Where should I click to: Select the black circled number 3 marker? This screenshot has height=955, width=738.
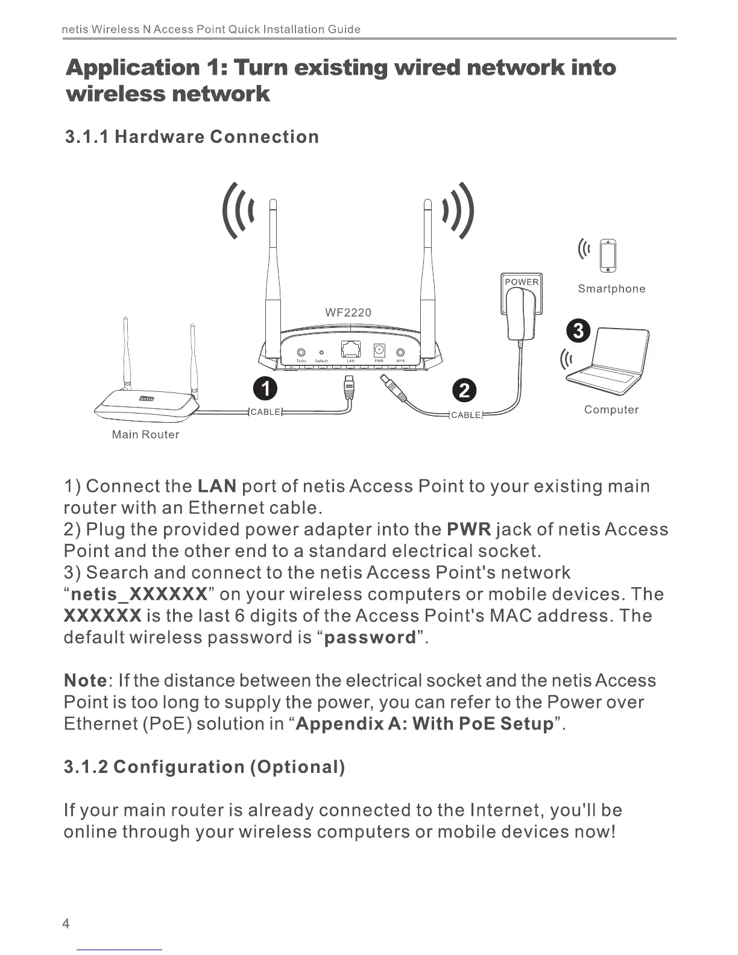click(x=578, y=331)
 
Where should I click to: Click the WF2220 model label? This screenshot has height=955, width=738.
click(x=348, y=312)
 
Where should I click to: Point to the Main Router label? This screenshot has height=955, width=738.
click(x=145, y=435)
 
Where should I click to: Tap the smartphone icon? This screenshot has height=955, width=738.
click(x=610, y=256)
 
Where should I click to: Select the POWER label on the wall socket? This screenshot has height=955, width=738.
click(x=522, y=282)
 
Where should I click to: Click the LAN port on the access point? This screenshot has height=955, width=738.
click(x=350, y=349)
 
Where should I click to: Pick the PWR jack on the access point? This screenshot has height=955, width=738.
click(x=379, y=350)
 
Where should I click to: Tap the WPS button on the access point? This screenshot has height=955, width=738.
click(x=400, y=353)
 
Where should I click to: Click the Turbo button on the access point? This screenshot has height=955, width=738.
click(x=301, y=353)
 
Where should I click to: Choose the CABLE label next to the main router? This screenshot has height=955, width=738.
click(x=266, y=412)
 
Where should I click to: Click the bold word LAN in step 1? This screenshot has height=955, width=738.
click(x=216, y=487)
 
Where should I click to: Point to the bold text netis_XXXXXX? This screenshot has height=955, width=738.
click(x=139, y=594)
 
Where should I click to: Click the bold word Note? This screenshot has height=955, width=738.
click(x=85, y=681)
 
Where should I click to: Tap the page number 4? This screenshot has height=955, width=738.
click(x=66, y=924)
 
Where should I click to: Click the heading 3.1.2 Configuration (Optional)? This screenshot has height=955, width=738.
click(x=204, y=767)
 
